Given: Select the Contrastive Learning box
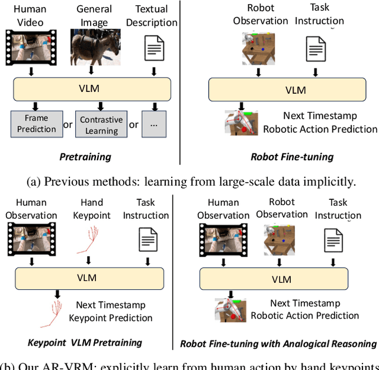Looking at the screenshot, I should [101, 125].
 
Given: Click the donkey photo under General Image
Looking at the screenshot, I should [95, 47].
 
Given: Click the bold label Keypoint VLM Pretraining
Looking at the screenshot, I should [85, 342].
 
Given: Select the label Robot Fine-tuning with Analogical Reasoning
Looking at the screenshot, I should [278, 343].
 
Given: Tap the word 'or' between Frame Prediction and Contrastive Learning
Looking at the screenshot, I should [68, 125].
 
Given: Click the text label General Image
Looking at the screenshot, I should [95, 16].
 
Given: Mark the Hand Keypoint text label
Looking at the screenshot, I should [92, 208].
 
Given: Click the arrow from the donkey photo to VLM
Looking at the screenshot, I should [95, 72].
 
